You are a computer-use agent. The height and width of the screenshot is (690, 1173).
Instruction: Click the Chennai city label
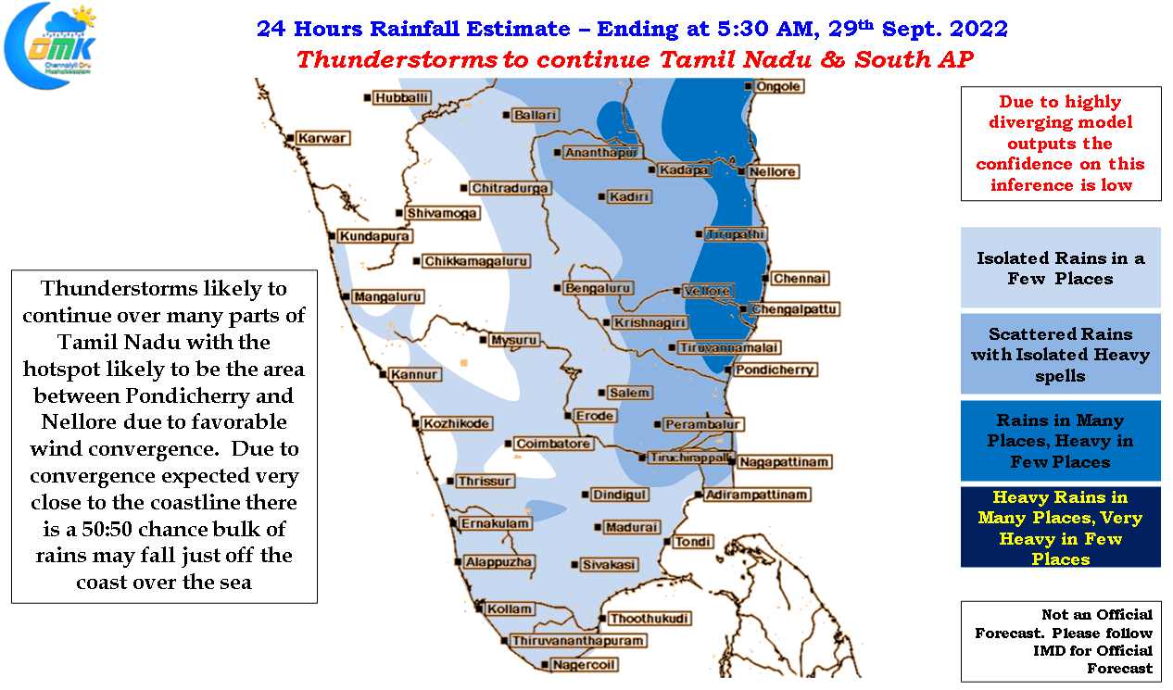tap(800, 279)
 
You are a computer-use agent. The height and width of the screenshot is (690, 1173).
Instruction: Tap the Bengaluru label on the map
tap(598, 288)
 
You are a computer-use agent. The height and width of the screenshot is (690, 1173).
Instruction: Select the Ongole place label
tap(778, 86)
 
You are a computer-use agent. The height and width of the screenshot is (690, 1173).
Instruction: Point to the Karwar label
tap(322, 138)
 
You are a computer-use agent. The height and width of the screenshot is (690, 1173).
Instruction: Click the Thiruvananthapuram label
tap(577, 641)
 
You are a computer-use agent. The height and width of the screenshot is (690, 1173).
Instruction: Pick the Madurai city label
tap(632, 527)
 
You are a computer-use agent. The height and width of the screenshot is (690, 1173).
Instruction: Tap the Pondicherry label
tap(775, 370)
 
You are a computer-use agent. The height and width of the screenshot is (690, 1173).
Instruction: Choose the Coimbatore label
tap(553, 444)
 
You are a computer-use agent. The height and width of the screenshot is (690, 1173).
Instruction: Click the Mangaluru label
tap(387, 297)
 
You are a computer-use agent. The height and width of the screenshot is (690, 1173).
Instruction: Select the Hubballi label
tap(401, 98)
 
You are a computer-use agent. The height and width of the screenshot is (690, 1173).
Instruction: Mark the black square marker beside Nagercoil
tap(545, 665)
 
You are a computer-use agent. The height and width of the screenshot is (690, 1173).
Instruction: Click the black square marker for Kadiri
tap(601, 197)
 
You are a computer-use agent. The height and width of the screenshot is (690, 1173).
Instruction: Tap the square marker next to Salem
tap(601, 393)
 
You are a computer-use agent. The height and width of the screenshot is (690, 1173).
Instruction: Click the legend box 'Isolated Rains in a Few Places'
tap(1060, 268)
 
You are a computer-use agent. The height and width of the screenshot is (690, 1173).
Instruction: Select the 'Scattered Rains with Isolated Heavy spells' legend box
tap(1060, 354)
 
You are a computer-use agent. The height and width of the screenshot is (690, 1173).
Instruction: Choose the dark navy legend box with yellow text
tap(1060, 527)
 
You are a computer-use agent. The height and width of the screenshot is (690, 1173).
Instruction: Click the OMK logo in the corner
tap(51, 45)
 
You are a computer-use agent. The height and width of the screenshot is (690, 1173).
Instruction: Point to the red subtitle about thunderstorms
tap(635, 59)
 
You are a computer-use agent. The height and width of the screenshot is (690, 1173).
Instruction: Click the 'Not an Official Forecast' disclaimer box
tap(1061, 641)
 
